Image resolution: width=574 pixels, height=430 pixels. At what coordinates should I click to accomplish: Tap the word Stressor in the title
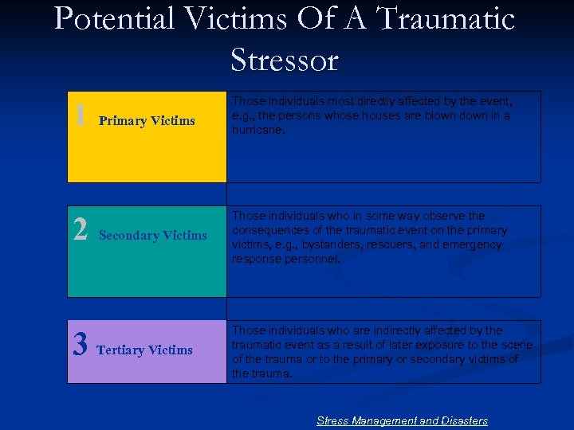pos(285,60)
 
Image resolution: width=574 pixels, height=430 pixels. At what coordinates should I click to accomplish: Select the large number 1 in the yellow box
pos(80,114)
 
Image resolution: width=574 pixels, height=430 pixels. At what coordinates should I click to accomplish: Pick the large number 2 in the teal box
pos(80,229)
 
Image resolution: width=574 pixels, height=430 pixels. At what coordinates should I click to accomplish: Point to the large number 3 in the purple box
pos(80,344)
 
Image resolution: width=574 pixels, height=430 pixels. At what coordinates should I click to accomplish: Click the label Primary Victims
pos(147,121)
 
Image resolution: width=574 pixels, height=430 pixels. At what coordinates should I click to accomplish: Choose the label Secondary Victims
pos(152,236)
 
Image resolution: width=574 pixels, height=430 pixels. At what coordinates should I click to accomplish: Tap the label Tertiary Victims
pos(144,350)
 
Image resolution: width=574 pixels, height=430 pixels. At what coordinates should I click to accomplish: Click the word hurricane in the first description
pos(258,130)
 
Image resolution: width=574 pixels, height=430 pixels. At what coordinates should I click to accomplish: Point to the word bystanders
pos(314,245)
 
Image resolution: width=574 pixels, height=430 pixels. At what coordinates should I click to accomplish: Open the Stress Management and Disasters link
pos(402,420)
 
